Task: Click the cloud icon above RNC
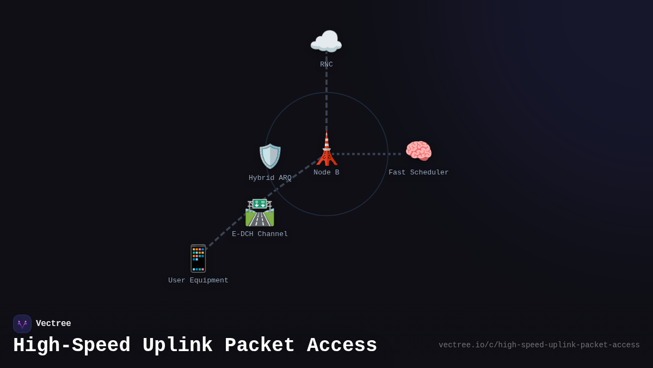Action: (x=326, y=42)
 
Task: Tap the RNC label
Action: (x=326, y=64)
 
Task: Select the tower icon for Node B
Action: (x=326, y=149)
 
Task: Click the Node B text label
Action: (x=326, y=172)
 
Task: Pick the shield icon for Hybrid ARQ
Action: (x=270, y=156)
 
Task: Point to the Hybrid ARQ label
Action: (x=270, y=178)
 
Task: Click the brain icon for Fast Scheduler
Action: (x=418, y=151)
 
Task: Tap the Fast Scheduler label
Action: (x=418, y=172)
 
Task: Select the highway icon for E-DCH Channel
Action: (x=260, y=213)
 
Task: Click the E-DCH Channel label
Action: (x=260, y=234)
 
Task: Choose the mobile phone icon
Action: (x=198, y=258)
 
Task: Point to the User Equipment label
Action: (x=198, y=280)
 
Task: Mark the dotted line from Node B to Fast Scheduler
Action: (x=370, y=154)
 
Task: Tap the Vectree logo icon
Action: (x=22, y=324)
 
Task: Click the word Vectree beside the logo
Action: (x=53, y=323)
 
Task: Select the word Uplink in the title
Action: (x=177, y=346)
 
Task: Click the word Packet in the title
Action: (x=260, y=346)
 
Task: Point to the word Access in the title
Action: (x=342, y=346)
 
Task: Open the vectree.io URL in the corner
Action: (x=539, y=345)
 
